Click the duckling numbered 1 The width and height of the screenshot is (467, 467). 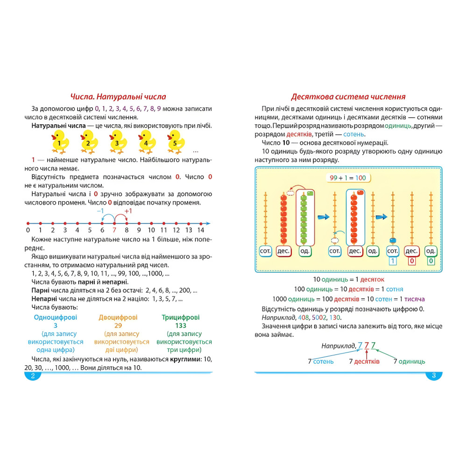[60, 141]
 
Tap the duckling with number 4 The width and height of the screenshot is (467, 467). [147, 141]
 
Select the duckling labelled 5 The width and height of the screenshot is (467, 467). [176, 141]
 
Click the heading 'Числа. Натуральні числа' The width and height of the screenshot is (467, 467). [118, 97]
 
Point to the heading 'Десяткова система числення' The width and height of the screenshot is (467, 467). [348, 97]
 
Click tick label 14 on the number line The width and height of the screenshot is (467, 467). [201, 230]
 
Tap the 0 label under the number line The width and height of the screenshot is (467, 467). [28, 230]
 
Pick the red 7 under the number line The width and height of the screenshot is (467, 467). [114, 230]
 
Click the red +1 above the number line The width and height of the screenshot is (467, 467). [128, 211]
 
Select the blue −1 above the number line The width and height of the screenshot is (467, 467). [100, 211]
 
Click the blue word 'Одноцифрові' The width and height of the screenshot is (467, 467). [56, 317]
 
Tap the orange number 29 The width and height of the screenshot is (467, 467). [118, 325]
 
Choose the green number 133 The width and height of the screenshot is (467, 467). [181, 325]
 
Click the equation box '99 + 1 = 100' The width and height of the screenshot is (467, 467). [347, 178]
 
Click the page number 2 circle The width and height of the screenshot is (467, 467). [33, 376]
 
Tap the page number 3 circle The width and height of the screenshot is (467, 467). [434, 376]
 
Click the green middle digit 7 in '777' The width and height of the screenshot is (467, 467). [367, 346]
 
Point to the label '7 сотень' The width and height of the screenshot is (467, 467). [321, 361]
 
